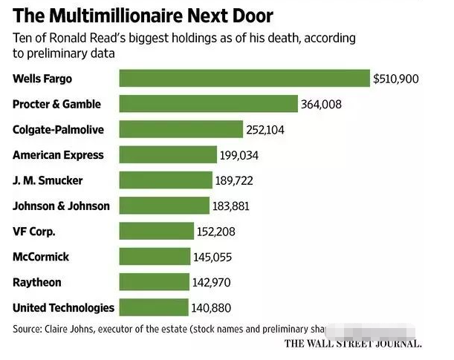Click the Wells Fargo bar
[244, 78]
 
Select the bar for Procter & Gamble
[209, 104]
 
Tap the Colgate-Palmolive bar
[181, 129]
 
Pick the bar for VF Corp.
[156, 231]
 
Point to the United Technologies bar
[154, 307]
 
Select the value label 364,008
[321, 104]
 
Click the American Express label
[58, 155]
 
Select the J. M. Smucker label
[48, 180]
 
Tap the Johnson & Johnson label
[61, 206]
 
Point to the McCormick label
[42, 256]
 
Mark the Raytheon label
[37, 282]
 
